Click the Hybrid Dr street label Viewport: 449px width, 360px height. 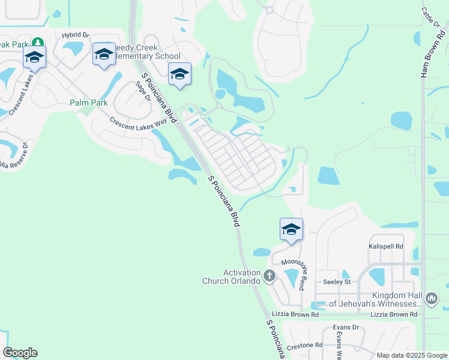tap(75, 35)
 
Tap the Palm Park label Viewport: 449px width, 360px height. tap(88, 103)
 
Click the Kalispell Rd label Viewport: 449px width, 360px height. tap(385, 247)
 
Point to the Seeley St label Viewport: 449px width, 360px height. tap(336, 282)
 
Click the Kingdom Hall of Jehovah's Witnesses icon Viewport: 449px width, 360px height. tap(431, 298)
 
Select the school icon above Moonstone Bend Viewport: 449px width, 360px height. tap(291, 229)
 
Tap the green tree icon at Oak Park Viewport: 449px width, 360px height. tap(38, 43)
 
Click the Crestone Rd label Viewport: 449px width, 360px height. tap(304, 345)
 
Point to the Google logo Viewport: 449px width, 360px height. tap(20, 353)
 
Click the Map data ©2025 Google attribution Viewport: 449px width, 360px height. tap(411, 355)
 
